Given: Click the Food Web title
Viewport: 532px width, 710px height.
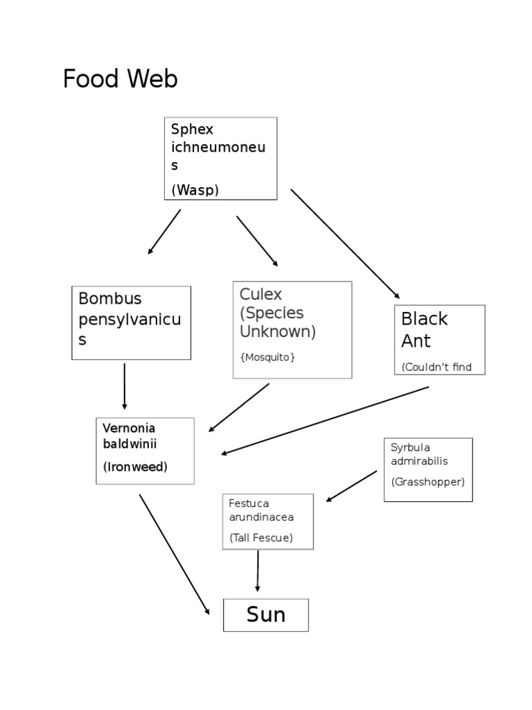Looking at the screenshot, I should click(x=120, y=80).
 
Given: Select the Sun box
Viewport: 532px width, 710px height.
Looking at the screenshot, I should click(x=265, y=615).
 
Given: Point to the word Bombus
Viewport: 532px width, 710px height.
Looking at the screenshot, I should click(x=109, y=299).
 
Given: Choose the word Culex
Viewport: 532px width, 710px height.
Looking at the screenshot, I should click(x=260, y=294).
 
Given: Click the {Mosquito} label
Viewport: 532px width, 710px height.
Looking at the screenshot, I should click(x=267, y=357).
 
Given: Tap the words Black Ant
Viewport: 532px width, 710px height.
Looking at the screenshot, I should click(x=425, y=329).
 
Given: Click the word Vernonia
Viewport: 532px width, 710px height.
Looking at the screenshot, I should click(x=129, y=428).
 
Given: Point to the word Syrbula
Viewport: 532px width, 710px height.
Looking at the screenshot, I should click(x=410, y=447).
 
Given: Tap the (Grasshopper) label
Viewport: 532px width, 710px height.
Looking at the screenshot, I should click(x=427, y=481).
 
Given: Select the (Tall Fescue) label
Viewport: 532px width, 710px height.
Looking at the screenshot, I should click(x=261, y=537).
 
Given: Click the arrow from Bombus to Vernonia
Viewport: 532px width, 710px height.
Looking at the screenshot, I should click(x=125, y=386).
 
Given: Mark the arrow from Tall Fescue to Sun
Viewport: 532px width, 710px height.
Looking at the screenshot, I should click(x=258, y=571).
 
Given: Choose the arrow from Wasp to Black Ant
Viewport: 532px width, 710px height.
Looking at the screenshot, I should click(x=345, y=243).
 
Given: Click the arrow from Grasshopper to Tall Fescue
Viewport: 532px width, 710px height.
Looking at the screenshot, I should click(x=352, y=486).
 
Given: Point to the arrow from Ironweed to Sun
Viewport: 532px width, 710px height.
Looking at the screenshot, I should click(x=174, y=554).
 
